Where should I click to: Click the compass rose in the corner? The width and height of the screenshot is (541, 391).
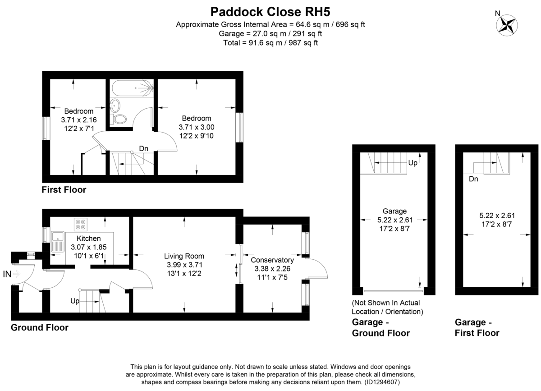pos(507,25)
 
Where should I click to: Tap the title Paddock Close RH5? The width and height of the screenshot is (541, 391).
pos(270,12)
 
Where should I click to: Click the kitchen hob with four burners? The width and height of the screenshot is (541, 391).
pos(81,225)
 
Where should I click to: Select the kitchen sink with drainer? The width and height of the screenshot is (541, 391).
pos(58,242)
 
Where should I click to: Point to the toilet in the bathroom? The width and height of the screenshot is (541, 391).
pos(119,119)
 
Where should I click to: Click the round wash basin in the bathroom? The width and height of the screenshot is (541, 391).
pos(115,106)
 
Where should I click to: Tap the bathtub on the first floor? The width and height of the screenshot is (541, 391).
pos(132,88)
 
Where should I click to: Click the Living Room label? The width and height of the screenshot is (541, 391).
pos(184,256)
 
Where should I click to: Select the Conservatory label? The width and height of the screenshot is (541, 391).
pos(272,260)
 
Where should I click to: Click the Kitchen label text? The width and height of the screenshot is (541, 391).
pos(89,239)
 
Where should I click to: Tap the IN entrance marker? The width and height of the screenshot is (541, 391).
pos(7,274)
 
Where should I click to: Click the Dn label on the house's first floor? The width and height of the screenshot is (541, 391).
pos(143,148)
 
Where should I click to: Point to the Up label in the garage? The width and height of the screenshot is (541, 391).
pos(413,163)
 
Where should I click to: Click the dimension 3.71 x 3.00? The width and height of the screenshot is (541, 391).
pos(197,127)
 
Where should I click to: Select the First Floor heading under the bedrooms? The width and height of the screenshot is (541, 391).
pos(64,190)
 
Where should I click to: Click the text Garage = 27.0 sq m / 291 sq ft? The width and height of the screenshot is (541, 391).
pos(270,33)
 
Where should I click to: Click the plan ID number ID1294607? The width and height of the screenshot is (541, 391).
pos(381,382)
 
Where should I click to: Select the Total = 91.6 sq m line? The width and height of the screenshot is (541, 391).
pos(270,43)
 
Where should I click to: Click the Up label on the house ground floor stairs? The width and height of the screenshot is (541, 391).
pos(75,301)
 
